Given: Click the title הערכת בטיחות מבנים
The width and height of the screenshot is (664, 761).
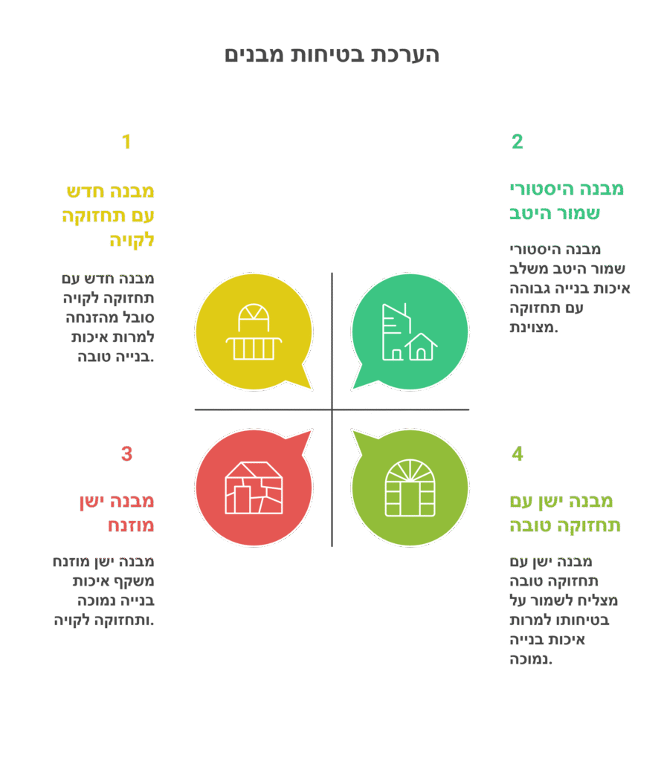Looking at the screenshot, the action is pyautogui.click(x=332, y=54).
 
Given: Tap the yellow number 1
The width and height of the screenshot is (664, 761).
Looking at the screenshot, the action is pyautogui.click(x=126, y=142).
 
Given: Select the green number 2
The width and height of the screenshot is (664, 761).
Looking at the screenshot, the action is pyautogui.click(x=518, y=142).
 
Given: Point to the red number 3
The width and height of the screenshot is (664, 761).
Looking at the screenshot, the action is pyautogui.click(x=126, y=454).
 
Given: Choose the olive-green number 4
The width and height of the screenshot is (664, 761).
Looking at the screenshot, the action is pyautogui.click(x=518, y=454).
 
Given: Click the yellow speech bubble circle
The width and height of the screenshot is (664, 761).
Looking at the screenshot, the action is pyautogui.click(x=254, y=332).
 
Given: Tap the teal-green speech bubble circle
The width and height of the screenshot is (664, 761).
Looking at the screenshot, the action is pyautogui.click(x=410, y=332).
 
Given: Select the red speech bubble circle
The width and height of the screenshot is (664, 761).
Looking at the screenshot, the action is pyautogui.click(x=254, y=488).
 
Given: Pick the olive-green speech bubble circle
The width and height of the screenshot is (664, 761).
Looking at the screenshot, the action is pyautogui.click(x=410, y=488).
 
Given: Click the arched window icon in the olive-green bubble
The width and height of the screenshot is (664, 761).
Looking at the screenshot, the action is pyautogui.click(x=410, y=488).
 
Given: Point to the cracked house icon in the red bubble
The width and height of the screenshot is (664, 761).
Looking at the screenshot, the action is pyautogui.click(x=254, y=488).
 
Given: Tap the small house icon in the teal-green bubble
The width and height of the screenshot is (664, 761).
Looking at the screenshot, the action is pyautogui.click(x=421, y=346).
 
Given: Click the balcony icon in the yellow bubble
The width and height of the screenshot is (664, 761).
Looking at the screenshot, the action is pyautogui.click(x=254, y=332).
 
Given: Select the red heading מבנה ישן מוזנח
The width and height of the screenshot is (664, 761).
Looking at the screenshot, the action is pyautogui.click(x=117, y=513).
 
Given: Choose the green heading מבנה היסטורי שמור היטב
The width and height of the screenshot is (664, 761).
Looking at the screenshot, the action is pyautogui.click(x=567, y=201).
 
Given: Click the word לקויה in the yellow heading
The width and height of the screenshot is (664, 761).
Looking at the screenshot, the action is pyautogui.click(x=132, y=240).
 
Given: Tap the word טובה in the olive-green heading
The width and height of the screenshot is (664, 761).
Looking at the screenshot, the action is pyautogui.click(x=530, y=525).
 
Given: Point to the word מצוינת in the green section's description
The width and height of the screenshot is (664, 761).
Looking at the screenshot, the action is pyautogui.click(x=532, y=328).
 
